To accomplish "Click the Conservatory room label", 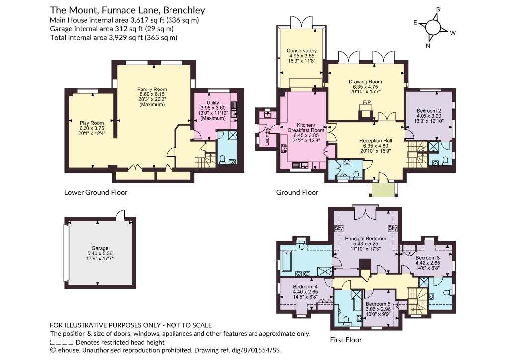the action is pyautogui.click(x=301, y=51).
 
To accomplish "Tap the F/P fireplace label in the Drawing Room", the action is pyautogui.click(x=367, y=102).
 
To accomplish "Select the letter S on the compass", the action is pyautogui.click(x=438, y=10).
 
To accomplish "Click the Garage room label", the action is pyautogui.click(x=100, y=248).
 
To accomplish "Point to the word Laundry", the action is pyautogui.click(x=267, y=136).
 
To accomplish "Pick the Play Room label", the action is pyautogui.click(x=92, y=123).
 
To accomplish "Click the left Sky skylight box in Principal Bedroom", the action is pyautogui.click(x=339, y=228).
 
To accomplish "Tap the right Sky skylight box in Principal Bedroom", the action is pyautogui.click(x=393, y=228).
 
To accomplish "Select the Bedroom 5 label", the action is pyautogui.click(x=378, y=304).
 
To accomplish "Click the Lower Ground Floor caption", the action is pyautogui.click(x=96, y=192).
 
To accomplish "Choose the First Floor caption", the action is pyautogui.click(x=346, y=340).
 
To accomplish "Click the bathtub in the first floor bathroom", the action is pyautogui.click(x=287, y=261).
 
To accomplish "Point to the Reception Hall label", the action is pyautogui.click(x=376, y=141).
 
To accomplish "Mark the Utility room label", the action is pyautogui.click(x=213, y=103).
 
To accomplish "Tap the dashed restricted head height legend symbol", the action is pyautogui.click(x=62, y=342).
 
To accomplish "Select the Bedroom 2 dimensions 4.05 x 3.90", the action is pyautogui.click(x=429, y=116).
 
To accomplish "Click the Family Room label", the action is pyautogui.click(x=152, y=90).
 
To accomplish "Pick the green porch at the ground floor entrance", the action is pyautogui.click(x=383, y=190).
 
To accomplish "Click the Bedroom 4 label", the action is pyautogui.click(x=305, y=287).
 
